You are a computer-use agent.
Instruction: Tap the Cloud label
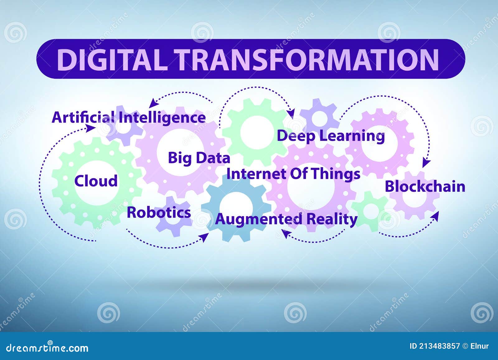96,181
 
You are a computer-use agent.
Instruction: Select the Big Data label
199,158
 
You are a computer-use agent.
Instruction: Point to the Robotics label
159,213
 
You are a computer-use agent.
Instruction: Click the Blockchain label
425,187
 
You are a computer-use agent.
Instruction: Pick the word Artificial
83,118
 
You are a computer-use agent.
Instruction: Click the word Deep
296,136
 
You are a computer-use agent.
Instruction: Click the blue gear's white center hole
236,206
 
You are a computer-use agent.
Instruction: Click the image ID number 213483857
439,346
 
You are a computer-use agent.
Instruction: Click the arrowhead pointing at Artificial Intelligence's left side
92,128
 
